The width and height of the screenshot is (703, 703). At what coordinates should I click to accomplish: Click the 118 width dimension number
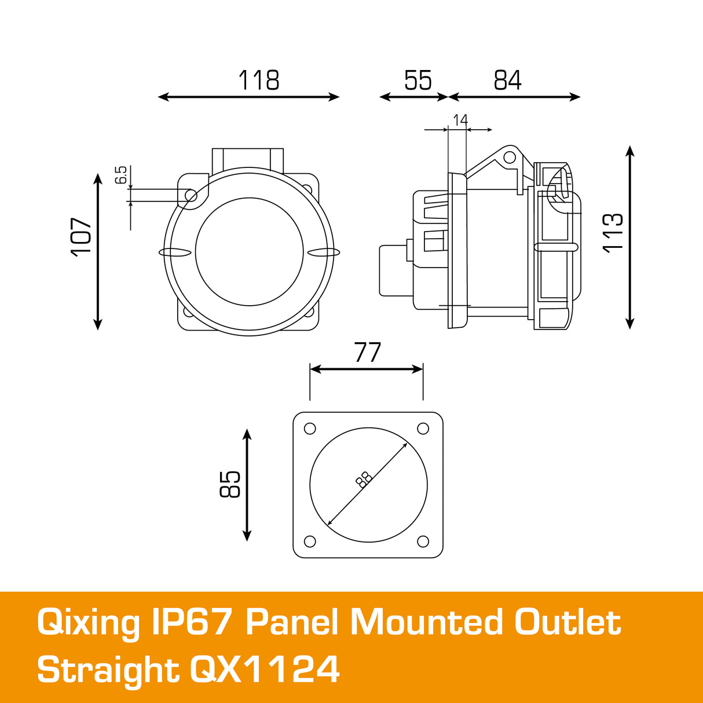(x=259, y=80)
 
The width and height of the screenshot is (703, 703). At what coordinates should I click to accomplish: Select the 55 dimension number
(x=418, y=80)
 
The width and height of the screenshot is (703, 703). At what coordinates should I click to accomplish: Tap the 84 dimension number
(x=507, y=80)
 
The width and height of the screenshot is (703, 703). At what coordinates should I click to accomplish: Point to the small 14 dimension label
(x=460, y=120)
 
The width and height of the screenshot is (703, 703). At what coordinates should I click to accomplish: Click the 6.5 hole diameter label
(x=120, y=175)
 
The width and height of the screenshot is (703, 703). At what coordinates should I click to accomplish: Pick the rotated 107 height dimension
(x=82, y=236)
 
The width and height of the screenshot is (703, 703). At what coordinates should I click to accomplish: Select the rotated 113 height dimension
(x=613, y=232)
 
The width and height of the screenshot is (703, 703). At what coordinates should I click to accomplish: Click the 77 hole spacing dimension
(x=367, y=353)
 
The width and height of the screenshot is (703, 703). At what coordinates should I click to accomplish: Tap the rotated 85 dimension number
(x=230, y=484)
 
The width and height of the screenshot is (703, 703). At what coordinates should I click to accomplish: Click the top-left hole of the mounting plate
(x=310, y=429)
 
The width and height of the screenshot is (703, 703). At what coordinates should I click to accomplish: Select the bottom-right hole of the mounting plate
(x=423, y=541)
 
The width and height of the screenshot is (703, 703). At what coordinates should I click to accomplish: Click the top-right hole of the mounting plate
(x=423, y=429)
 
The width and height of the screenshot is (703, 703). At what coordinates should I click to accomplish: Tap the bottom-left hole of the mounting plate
(x=310, y=541)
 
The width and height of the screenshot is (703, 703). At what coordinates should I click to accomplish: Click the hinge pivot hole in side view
(x=509, y=157)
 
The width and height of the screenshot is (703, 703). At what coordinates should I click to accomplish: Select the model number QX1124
(x=265, y=670)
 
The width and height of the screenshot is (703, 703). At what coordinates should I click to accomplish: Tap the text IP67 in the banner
(x=192, y=623)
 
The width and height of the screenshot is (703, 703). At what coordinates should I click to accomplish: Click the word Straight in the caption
(x=108, y=670)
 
